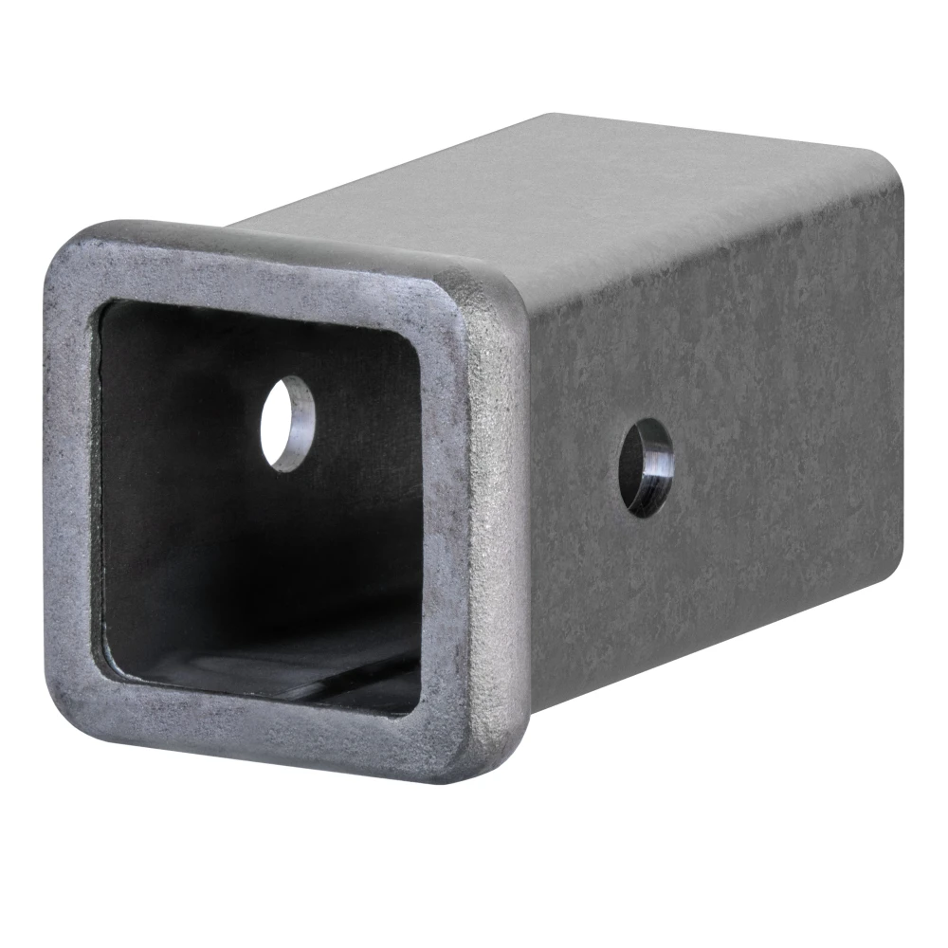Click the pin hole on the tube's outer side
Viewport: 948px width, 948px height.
point(647,469)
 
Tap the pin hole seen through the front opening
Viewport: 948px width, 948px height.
point(287,423)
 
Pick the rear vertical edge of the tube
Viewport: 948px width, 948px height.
point(896,379)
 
